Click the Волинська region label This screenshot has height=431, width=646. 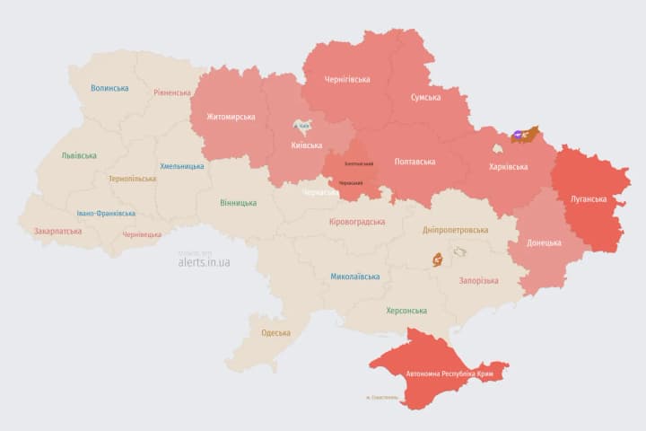click(109, 88)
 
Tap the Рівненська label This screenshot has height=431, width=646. click(172, 92)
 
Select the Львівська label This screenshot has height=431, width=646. click(79, 155)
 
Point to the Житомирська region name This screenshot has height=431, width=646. click(231, 117)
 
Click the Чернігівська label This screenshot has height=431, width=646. click(347, 79)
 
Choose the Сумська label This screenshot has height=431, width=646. click(425, 97)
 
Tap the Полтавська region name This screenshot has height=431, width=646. click(415, 162)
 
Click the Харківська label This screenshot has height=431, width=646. click(508, 167)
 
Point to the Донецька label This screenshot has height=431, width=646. click(544, 242)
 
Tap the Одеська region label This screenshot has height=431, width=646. click(275, 333)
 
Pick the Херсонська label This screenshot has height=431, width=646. click(406, 311)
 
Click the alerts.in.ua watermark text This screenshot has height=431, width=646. click(204, 262)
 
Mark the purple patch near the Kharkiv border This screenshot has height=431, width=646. click(519, 137)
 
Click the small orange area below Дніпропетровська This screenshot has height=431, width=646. click(437, 260)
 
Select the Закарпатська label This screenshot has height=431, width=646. click(58, 231)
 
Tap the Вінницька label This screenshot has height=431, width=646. click(238, 203)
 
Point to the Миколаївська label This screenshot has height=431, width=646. click(354, 277)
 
